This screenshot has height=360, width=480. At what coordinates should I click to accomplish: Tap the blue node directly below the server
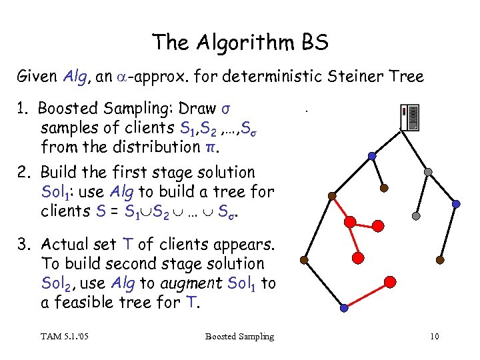[x=372, y=156]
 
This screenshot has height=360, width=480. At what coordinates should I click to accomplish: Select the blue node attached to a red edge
[x=343, y=309]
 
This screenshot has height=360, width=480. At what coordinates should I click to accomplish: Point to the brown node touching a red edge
[x=304, y=259]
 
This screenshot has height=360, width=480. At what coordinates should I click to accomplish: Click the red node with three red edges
[x=357, y=257]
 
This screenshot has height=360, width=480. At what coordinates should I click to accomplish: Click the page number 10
[x=434, y=336]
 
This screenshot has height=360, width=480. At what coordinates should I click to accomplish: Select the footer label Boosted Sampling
[x=239, y=336]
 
